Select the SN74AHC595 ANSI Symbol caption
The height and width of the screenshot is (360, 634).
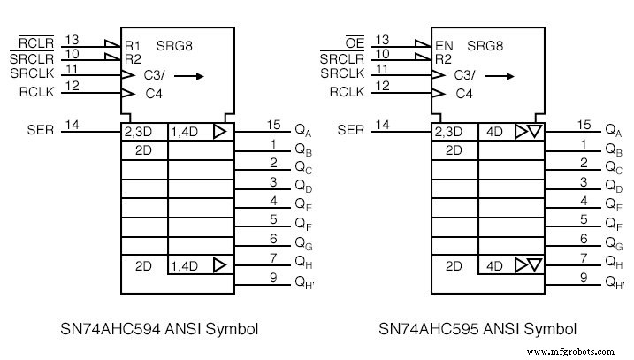pyautogui.click(x=478, y=329)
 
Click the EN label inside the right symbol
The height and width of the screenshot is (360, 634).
pyautogui.click(x=445, y=42)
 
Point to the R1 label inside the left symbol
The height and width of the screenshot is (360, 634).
pyautogui.click(x=133, y=42)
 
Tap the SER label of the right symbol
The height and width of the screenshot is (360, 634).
pyautogui.click(x=351, y=131)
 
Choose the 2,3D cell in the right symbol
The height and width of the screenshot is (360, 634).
pyautogui.click(x=453, y=132)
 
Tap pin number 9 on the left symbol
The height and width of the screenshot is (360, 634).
pyautogui.click(x=274, y=277)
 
